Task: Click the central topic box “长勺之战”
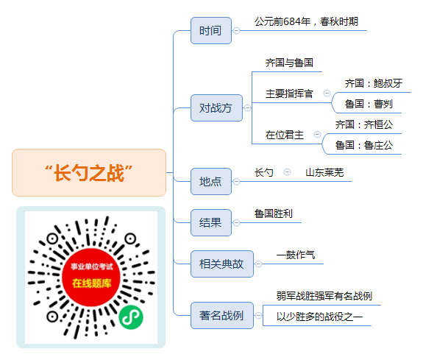tap(89, 172)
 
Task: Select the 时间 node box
tap(211, 30)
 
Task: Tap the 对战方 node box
tap(216, 107)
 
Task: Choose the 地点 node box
tap(211, 182)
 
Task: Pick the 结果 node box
tap(211, 223)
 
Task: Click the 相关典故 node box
tap(222, 264)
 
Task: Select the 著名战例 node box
tap(222, 315)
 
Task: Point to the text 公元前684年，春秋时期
tap(306, 21)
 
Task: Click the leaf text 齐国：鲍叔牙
tap(374, 83)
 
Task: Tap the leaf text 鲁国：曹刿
tap(369, 104)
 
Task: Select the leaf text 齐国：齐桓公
tap(364, 124)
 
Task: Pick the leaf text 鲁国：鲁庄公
tap(364, 145)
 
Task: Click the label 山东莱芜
tap(324, 172)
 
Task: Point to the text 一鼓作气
tap(296, 255)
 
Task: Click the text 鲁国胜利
tap(274, 213)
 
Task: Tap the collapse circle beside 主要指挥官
tap(327, 93)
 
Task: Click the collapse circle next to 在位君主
tap(318, 134)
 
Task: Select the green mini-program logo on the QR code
tap(131, 317)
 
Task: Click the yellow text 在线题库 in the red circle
tap(92, 283)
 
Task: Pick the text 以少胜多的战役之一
tap(320, 317)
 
